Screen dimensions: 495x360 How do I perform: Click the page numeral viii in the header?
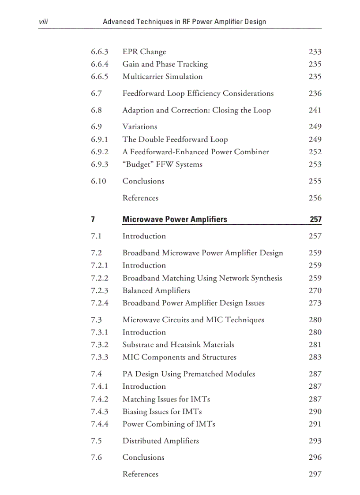coord(43,22)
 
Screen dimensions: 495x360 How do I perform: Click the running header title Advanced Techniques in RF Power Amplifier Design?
coord(184,22)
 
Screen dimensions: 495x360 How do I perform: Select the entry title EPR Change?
coord(144,52)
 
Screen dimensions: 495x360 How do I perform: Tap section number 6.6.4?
coord(99,64)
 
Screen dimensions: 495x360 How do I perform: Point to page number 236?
coord(315,93)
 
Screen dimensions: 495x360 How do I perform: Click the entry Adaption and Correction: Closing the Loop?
coord(196,110)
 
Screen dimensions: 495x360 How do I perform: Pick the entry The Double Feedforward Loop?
coord(175,139)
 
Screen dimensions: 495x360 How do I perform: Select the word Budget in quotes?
coord(140,164)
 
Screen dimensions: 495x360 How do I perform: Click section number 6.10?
coord(98,181)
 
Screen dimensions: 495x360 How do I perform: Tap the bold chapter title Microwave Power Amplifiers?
coord(175,220)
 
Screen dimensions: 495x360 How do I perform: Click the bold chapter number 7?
coord(93,220)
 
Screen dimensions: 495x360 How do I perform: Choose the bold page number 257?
coord(315,220)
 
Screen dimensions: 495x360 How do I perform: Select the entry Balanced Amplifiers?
coord(156,290)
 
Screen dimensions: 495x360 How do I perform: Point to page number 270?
coord(315,290)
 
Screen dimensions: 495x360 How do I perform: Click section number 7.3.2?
coord(99,345)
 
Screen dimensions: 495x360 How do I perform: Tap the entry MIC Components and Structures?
coord(179,357)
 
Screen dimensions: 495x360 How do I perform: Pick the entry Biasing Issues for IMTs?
coord(162,411)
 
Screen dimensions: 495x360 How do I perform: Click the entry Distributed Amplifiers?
coord(161,441)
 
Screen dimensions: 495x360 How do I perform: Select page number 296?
coord(315,458)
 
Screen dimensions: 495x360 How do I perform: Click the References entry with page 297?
coord(140,474)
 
